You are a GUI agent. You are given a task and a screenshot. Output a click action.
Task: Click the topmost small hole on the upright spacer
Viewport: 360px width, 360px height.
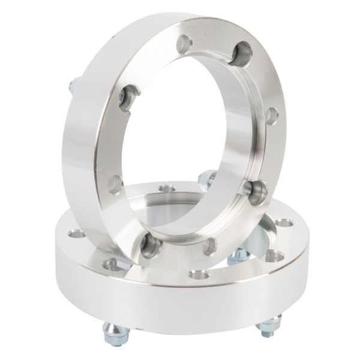click(x=185, y=43)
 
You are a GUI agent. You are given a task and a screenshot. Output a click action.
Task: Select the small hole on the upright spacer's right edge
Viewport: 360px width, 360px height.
click(x=271, y=115)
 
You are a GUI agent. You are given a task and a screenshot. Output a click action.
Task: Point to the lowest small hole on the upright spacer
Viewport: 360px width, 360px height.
click(x=209, y=245)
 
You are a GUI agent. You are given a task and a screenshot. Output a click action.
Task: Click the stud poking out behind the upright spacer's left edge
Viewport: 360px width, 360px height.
click(x=73, y=85)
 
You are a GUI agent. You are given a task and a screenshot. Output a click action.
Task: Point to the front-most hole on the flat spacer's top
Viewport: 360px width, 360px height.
click(x=198, y=275)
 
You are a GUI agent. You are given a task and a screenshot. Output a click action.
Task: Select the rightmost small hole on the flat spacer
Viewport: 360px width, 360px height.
click(x=284, y=223)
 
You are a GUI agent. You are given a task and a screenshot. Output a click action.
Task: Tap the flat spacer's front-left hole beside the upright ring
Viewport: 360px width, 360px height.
click(x=112, y=264)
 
